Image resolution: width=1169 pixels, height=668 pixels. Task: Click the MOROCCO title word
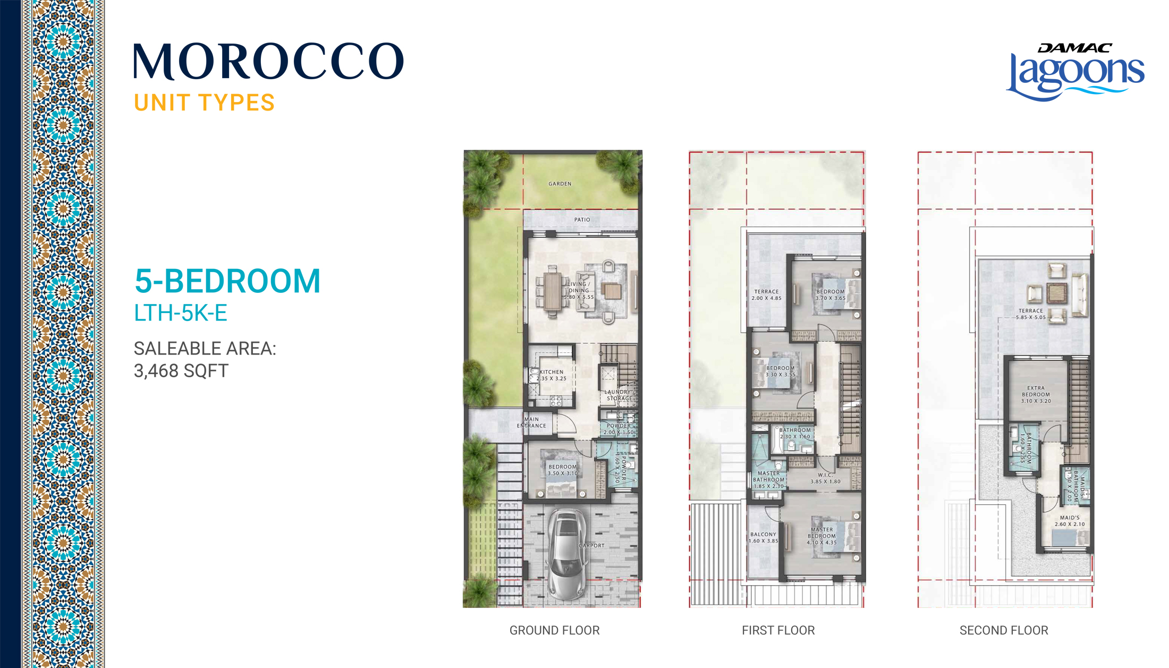[x=268, y=62]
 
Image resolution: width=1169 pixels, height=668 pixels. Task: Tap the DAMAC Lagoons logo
[x=1075, y=72]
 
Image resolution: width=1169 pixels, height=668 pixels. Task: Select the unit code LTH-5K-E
[x=181, y=313]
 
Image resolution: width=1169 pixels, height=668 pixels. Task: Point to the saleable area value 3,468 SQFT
[x=181, y=370]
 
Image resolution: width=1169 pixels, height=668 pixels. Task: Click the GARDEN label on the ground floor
[x=560, y=184]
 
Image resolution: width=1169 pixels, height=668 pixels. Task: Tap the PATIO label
[x=582, y=219]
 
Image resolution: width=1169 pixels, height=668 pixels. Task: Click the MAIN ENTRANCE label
[x=531, y=422]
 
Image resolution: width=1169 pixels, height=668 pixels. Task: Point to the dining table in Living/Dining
[x=553, y=291]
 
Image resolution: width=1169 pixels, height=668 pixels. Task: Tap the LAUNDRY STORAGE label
[x=619, y=395]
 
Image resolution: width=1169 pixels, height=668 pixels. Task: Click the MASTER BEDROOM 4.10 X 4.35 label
[x=821, y=536]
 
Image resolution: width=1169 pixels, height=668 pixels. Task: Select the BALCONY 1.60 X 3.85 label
[x=763, y=537]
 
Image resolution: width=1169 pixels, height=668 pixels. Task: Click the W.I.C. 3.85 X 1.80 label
[x=825, y=478]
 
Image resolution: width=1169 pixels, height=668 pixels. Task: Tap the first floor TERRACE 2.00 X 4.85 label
[x=766, y=295]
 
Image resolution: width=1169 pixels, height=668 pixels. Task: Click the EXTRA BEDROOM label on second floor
[x=1036, y=394]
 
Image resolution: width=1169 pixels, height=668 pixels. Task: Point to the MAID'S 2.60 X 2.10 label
[x=1070, y=521]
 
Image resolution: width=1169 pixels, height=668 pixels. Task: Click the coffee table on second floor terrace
[x=1057, y=292]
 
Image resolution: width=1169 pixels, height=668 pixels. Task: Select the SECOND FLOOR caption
[x=1004, y=630]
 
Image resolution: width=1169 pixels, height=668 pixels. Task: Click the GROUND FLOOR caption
[x=554, y=630]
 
